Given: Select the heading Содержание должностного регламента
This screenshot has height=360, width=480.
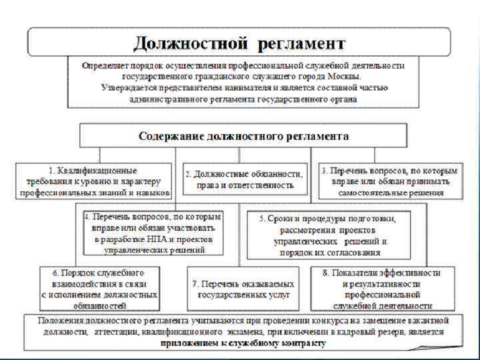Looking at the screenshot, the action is [x=243, y=136].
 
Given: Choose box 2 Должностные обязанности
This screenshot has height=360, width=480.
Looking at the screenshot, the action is [x=245, y=179].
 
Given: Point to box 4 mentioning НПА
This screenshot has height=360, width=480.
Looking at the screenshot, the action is [x=153, y=233].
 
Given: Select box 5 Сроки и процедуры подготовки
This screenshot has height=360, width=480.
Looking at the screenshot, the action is [x=329, y=235].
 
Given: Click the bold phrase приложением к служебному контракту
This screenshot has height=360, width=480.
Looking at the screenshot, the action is [x=243, y=343].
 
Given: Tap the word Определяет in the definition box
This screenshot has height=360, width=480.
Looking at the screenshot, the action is [x=107, y=65].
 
